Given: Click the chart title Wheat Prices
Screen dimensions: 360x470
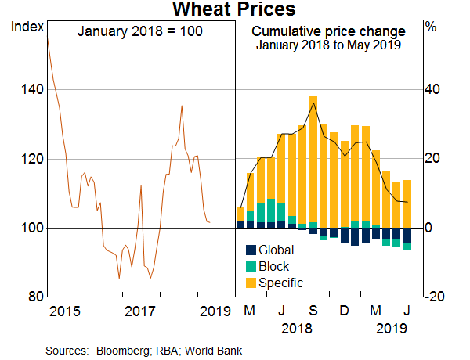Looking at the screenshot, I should pos(234,10).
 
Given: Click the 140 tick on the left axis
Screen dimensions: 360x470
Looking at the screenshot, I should pos(28,90).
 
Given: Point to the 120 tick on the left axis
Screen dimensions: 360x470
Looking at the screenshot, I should pos(28,159).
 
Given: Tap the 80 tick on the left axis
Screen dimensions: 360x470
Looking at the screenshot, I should pos(31,297).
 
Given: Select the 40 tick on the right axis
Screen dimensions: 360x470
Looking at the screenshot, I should pos(433,90).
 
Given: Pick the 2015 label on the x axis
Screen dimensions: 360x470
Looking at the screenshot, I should pos(63,313).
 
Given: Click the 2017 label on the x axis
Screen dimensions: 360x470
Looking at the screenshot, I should pos(141,313).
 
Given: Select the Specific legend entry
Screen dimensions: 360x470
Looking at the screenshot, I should pos(280,283).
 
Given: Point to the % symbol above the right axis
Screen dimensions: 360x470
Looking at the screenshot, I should pos(431,27).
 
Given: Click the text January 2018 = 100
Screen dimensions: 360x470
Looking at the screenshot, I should pos(141,32).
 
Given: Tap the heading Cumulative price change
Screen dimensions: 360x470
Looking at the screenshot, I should pos(328,32).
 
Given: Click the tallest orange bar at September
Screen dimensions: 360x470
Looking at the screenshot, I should pos(313,160).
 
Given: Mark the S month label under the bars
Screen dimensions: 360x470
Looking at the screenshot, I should pos(313,313).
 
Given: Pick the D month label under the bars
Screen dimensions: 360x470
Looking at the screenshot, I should pos(344,313).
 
